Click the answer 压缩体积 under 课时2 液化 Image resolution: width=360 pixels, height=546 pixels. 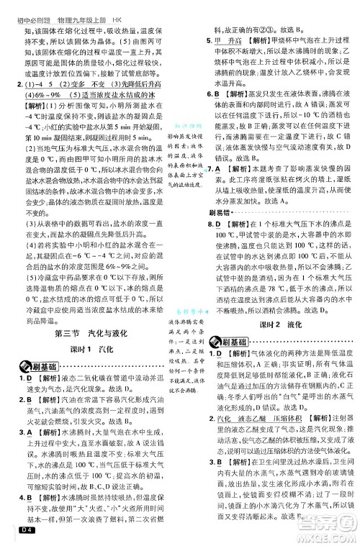pyautogui.click(x=288, y=419)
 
